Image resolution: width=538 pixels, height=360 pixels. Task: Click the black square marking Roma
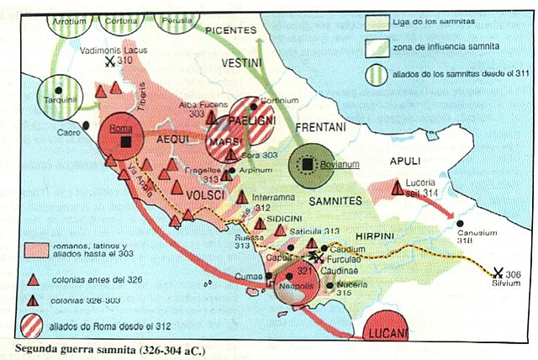point(125,142)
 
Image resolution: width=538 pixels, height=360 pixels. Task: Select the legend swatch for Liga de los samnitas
point(376,21)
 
